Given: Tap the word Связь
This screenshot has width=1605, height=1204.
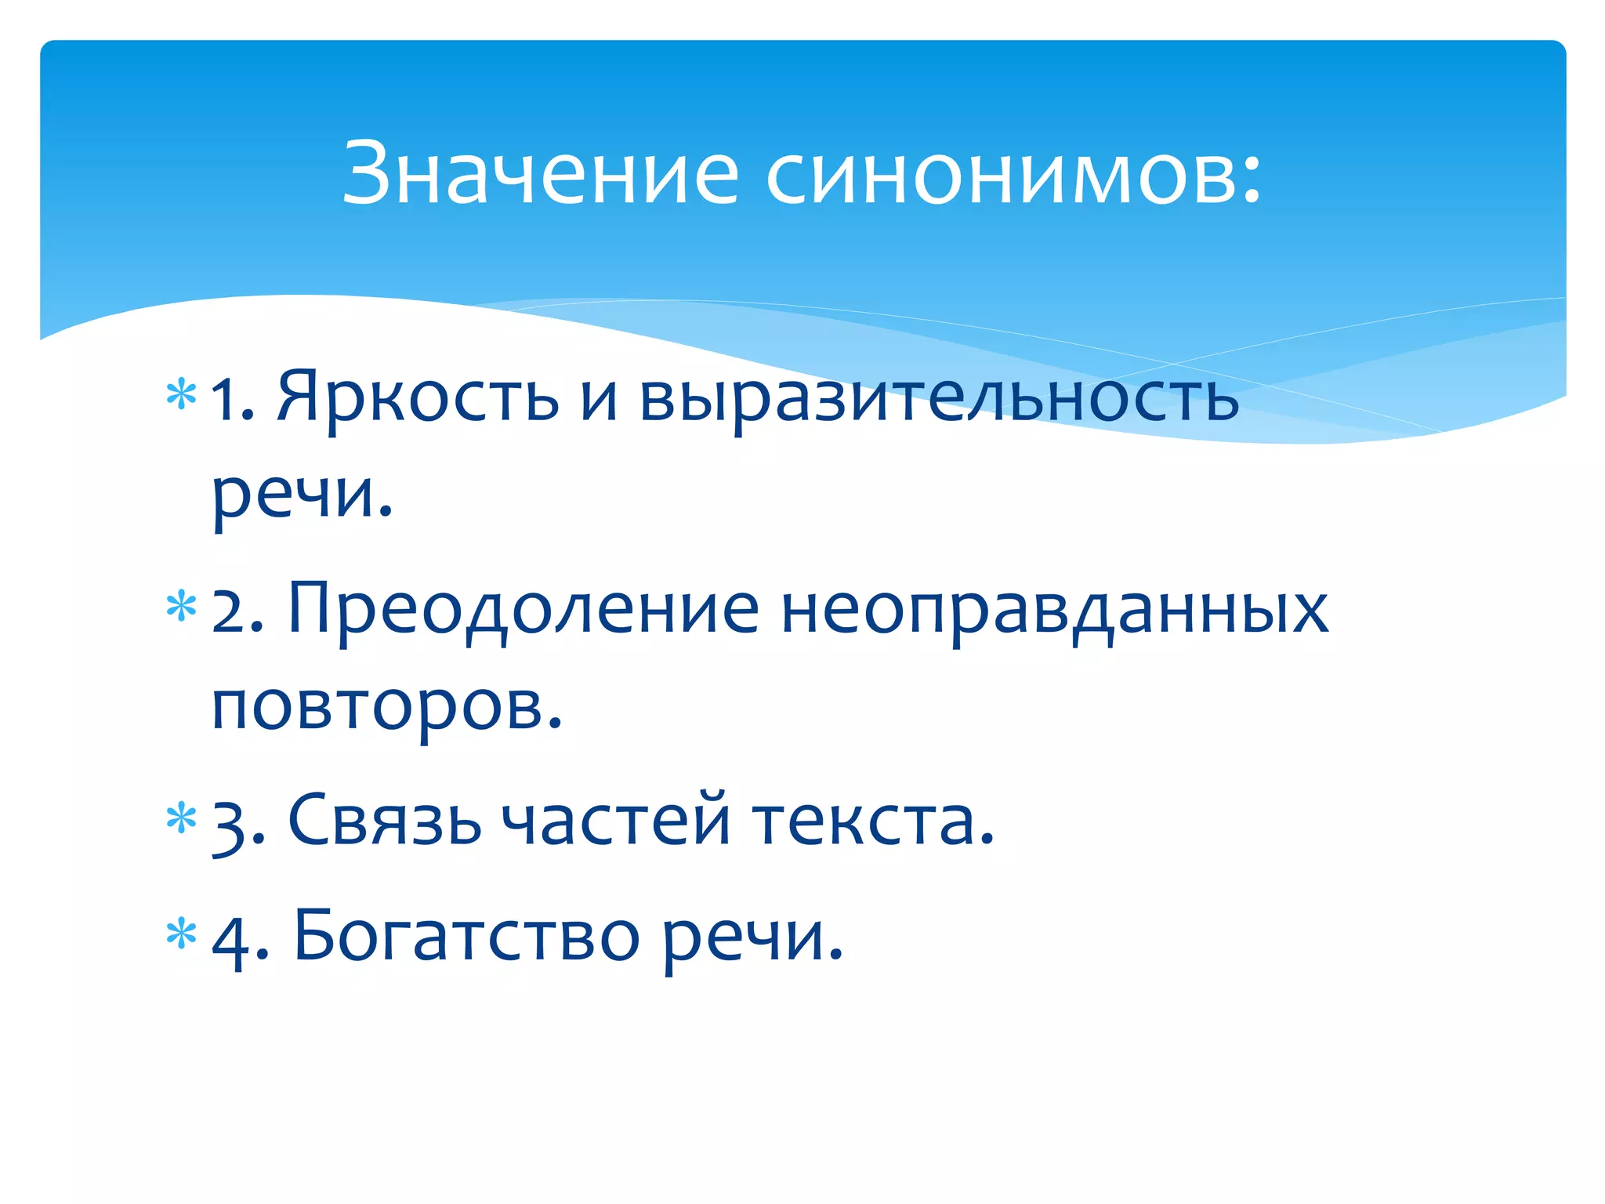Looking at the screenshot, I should [x=385, y=820].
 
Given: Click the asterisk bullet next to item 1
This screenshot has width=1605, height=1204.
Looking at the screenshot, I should [x=181, y=394].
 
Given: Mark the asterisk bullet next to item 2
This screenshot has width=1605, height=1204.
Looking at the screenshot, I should [x=181, y=607].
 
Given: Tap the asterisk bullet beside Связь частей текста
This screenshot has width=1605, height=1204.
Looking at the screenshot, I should [x=181, y=818].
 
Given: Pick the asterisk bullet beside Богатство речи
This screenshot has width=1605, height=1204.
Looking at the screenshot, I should [x=181, y=933].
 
